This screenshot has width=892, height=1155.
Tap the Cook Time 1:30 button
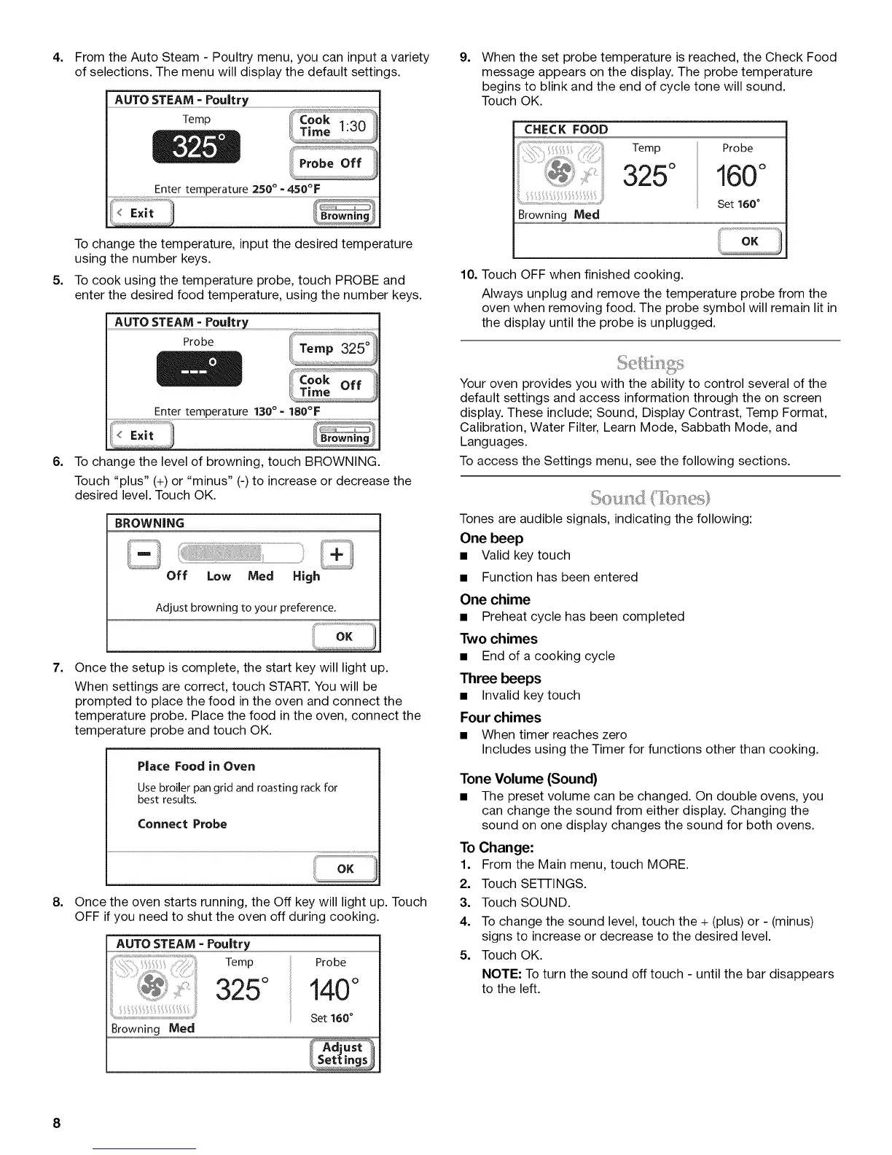(x=332, y=125)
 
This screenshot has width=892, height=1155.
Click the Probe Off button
(x=332, y=163)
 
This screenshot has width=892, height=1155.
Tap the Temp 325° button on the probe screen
(x=332, y=349)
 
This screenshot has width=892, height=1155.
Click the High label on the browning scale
(x=306, y=577)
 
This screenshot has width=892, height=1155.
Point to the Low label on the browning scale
(x=219, y=577)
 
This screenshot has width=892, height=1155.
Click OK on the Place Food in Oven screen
(x=345, y=868)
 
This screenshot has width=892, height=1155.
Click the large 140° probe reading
(x=332, y=990)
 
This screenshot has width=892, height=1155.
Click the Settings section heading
(x=649, y=362)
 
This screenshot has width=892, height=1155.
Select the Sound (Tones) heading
(x=649, y=499)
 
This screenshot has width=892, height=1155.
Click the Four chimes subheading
(x=500, y=717)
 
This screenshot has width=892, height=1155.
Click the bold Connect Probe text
(x=182, y=824)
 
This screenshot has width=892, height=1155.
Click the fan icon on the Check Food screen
(x=560, y=171)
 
